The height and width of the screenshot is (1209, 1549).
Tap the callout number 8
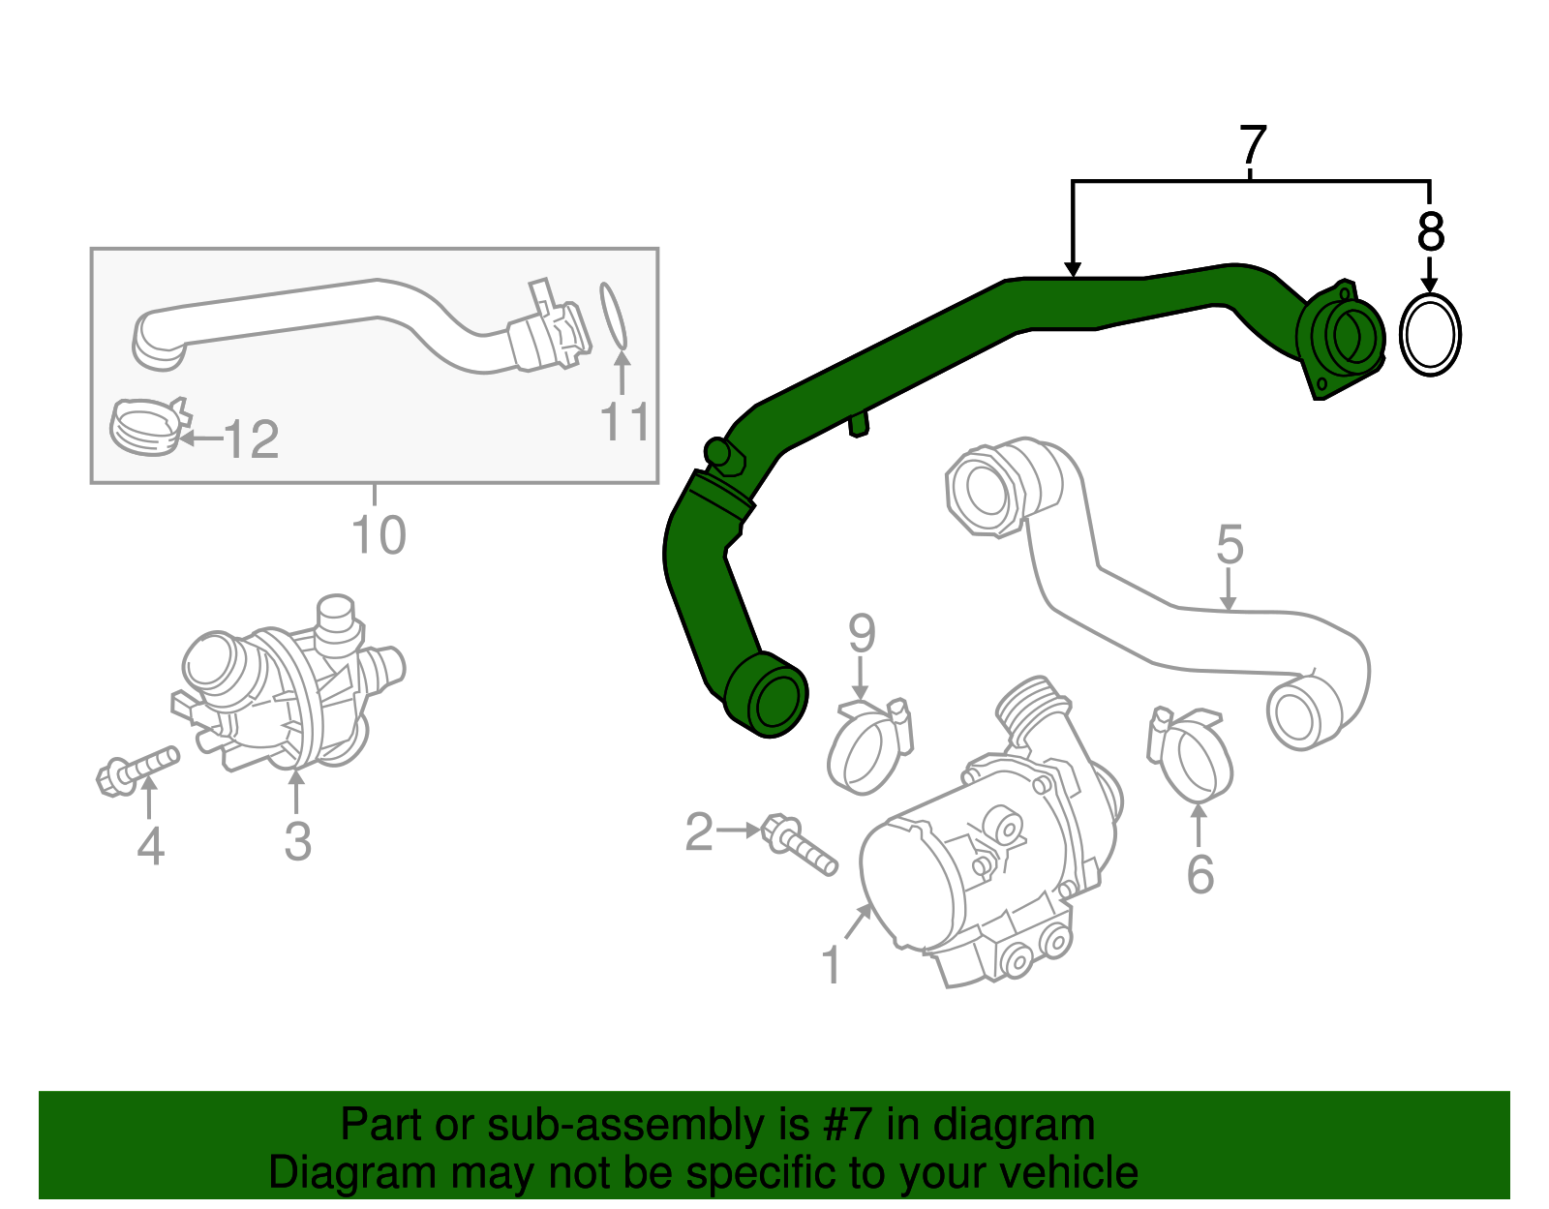click(1430, 232)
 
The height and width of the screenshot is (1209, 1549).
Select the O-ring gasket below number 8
click(1430, 335)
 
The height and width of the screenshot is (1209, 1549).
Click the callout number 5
click(1230, 545)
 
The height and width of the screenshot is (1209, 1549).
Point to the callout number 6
click(1200, 874)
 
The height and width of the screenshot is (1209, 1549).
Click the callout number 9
click(862, 634)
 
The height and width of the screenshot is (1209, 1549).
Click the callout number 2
click(699, 831)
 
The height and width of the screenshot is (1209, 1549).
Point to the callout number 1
click(831, 965)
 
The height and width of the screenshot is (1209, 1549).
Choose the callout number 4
click(150, 846)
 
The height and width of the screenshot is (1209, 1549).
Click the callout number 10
click(379, 534)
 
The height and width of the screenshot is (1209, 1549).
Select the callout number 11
click(624, 423)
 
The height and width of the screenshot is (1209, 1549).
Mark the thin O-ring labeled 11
click(613, 316)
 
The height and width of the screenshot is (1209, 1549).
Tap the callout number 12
click(252, 440)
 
